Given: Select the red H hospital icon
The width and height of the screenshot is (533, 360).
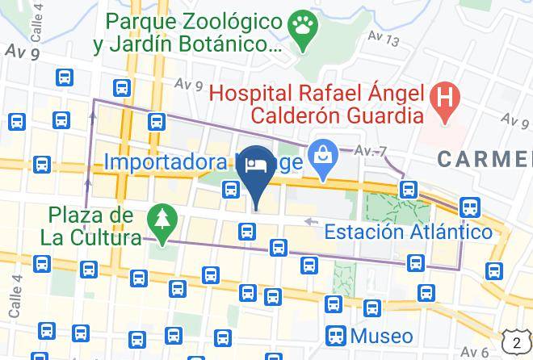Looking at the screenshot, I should point(443,100).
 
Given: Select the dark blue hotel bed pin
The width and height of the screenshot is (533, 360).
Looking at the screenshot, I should point(257,165).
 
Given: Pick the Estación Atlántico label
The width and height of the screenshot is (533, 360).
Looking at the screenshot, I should point(408,232).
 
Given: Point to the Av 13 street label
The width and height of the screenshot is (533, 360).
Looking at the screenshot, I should point(384,38).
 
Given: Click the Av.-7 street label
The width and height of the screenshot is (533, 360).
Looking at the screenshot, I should point(371,150).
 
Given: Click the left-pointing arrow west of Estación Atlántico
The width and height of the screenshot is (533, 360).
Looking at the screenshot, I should point(310,220).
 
